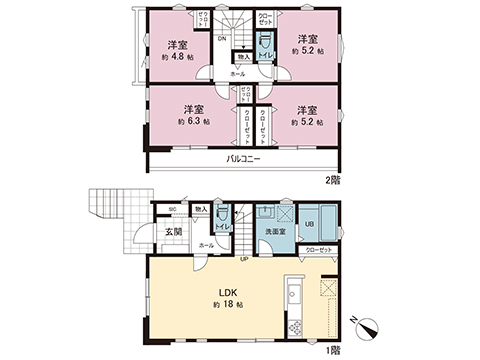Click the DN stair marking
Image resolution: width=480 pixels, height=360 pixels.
[221, 40]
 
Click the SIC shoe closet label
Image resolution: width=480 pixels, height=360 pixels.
[172, 210]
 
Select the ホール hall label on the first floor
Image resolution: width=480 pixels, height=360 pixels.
[206, 244]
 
